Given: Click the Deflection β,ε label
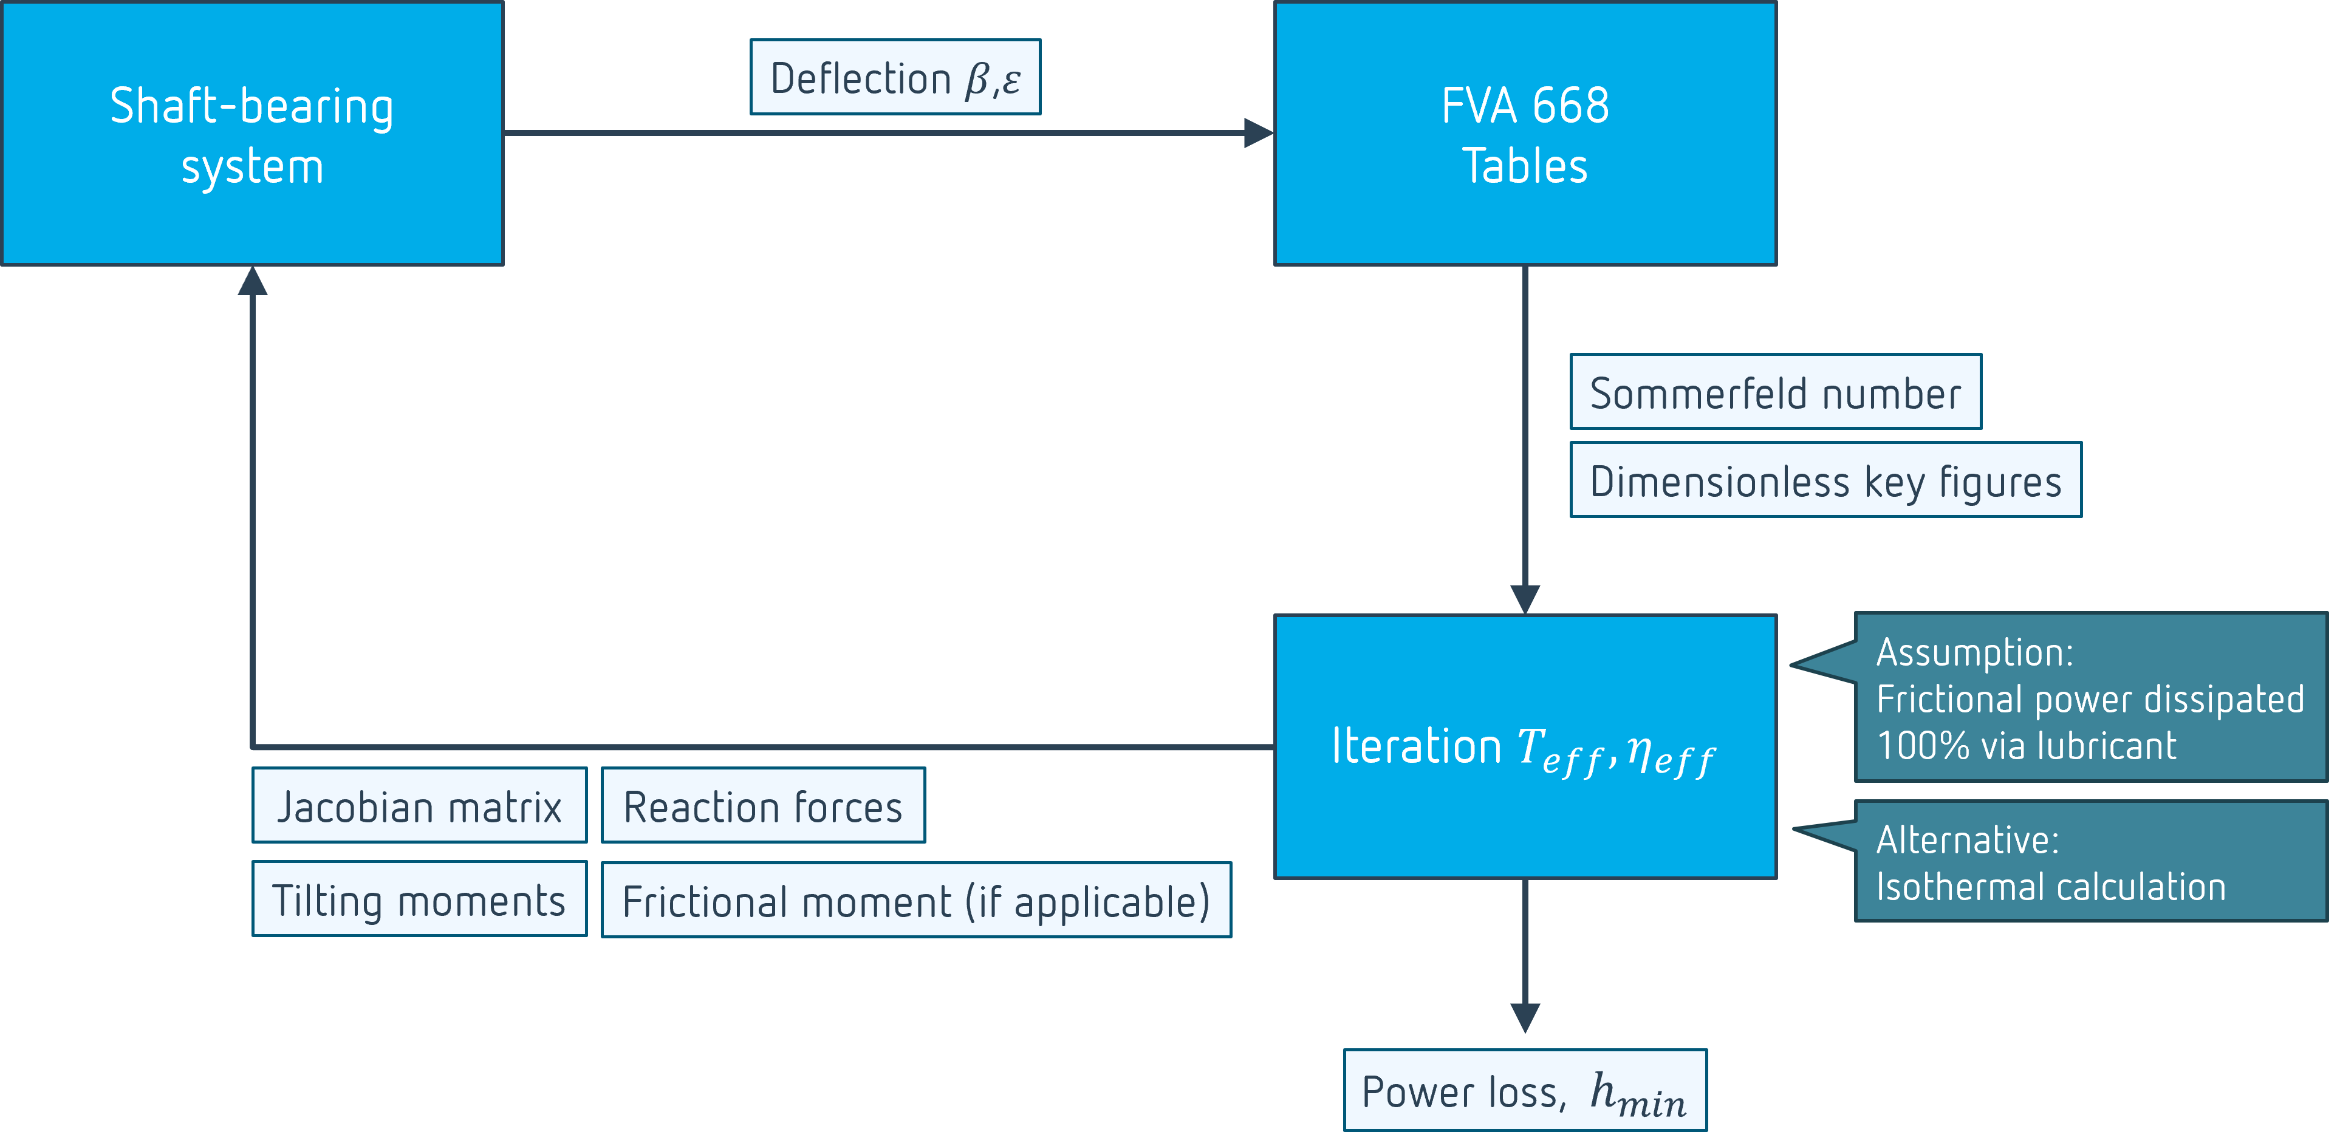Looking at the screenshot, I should tap(895, 78).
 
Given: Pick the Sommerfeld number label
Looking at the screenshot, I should tap(1775, 392).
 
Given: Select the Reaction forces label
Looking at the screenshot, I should tap(762, 806).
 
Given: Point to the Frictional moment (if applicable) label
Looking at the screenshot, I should tap(915, 901).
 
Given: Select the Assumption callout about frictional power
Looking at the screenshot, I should tap(2089, 697).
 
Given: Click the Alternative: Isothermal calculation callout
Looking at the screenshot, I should tap(2089, 862).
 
